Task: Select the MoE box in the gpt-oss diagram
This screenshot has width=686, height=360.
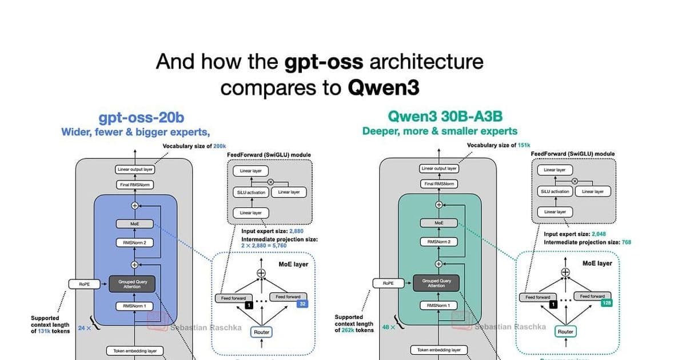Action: (135, 224)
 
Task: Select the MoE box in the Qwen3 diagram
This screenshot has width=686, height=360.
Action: (439, 223)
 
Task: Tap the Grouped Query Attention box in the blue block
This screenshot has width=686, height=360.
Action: (134, 284)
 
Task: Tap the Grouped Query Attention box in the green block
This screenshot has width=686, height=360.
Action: (438, 283)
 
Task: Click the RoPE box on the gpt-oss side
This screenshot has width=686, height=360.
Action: (84, 284)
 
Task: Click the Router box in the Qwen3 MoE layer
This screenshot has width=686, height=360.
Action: (565, 331)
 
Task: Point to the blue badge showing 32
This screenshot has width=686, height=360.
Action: (302, 304)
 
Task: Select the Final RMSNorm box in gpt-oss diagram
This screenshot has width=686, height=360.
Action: (135, 185)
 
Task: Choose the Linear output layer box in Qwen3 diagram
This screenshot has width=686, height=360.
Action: (439, 169)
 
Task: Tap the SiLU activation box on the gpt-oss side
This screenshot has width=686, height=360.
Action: (251, 193)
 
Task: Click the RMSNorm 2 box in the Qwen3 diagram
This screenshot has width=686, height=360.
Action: (439, 242)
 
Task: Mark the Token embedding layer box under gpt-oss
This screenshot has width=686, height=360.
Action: (135, 350)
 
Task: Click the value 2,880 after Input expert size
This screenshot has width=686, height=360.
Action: (296, 231)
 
